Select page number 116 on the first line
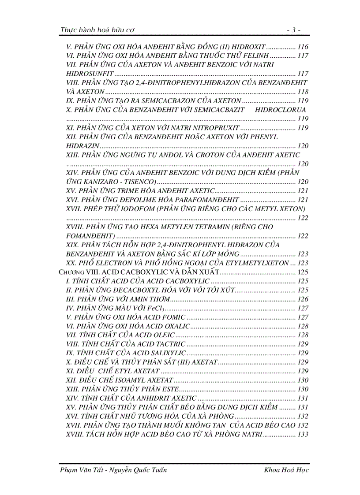pyautogui.click(x=303, y=47)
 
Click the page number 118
pyautogui.click(x=303, y=92)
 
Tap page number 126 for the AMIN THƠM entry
pyautogui.click(x=303, y=299)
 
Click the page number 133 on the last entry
pyautogui.click(x=303, y=434)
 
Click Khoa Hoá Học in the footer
pyautogui.click(x=285, y=470)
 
